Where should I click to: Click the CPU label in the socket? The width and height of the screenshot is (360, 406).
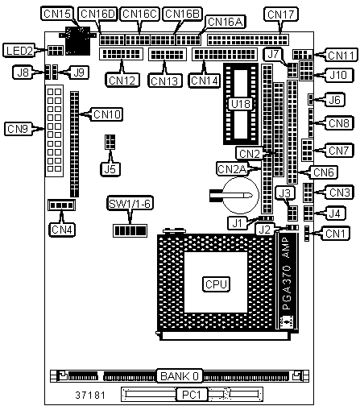tap(216, 284)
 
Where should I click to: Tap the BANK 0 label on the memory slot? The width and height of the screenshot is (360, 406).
tap(180, 376)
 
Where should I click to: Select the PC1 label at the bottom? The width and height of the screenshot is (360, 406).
tap(192, 395)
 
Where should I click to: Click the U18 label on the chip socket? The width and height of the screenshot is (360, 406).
tap(241, 104)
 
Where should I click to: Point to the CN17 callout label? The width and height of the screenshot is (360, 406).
tap(281, 14)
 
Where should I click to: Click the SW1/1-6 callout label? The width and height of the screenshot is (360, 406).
tap(130, 204)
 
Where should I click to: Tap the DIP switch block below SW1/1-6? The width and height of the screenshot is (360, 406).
tap(130, 230)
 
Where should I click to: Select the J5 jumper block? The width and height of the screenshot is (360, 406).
tap(110, 142)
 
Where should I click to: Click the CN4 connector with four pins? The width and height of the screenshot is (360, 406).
tap(61, 205)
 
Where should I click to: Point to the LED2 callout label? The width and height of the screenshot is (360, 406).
tap(19, 50)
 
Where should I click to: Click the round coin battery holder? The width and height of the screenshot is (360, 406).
tap(241, 195)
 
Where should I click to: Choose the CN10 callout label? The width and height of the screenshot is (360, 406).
tap(106, 114)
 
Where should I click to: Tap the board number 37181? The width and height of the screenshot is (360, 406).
tap(90, 395)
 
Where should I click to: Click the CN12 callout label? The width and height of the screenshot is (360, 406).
tap(122, 80)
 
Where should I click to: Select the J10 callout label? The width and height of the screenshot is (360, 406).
tap(338, 75)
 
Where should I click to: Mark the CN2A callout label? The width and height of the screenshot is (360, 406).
tap(233, 169)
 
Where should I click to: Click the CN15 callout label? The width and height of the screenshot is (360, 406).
tap(57, 14)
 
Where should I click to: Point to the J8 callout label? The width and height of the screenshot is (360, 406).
tap(23, 72)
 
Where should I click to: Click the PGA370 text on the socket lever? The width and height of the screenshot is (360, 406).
tap(287, 287)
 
